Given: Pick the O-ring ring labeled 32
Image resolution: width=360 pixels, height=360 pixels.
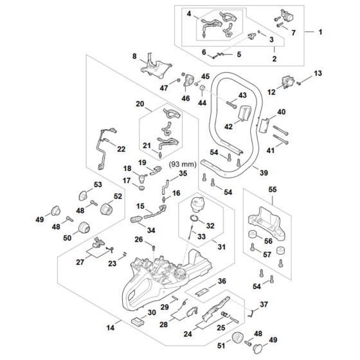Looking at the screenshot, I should tap(193, 223).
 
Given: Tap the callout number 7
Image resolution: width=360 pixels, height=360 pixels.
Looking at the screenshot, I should tap(294, 32).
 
